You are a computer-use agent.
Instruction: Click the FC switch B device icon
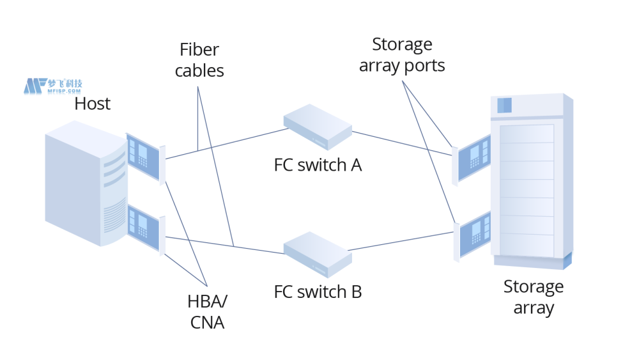point(318,254)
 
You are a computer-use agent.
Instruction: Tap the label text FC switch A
point(318,165)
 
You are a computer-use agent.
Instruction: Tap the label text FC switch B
point(318,292)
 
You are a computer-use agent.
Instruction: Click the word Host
point(92,104)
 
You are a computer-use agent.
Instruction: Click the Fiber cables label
point(199,60)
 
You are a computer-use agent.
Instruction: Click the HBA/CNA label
point(207,312)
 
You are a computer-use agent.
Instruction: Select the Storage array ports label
point(402,55)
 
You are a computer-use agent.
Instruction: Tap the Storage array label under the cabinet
point(534,297)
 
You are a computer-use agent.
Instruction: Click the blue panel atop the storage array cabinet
point(505,106)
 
